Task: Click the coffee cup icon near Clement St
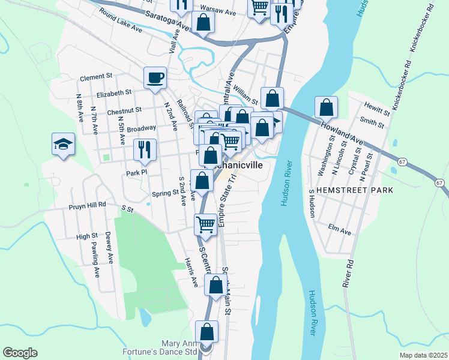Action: click(155, 77)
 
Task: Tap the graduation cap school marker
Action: click(63, 145)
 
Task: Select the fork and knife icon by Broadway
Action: click(145, 149)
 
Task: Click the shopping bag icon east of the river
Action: click(326, 107)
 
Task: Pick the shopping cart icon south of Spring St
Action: click(205, 224)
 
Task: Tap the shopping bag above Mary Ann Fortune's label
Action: click(206, 331)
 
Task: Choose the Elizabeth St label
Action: click(113, 93)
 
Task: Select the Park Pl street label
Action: click(137, 173)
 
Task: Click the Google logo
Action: click(20, 353)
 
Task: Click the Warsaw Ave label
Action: click(218, 11)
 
